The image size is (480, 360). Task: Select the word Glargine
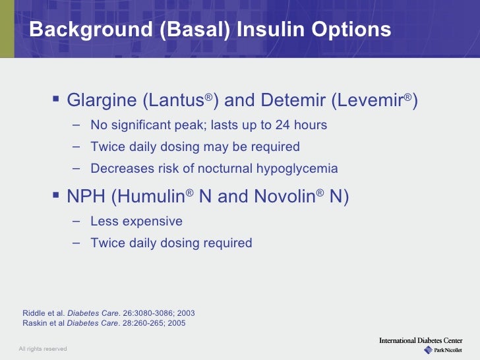coord(103,101)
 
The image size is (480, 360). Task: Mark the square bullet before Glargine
coord(55,100)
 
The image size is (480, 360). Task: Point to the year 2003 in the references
coord(185,313)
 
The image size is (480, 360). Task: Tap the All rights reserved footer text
coord(42,348)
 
